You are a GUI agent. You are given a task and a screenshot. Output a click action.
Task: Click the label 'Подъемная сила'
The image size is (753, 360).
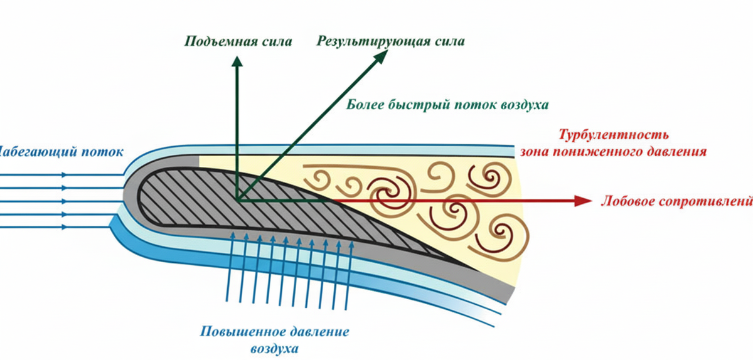click(x=238, y=42)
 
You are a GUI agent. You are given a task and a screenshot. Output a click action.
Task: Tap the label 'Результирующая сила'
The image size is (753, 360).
click(x=390, y=42)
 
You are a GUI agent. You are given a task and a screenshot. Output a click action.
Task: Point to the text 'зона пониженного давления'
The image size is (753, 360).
click(x=614, y=151)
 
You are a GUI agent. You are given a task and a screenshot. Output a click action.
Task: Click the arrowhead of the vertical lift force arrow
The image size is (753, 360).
click(x=237, y=60)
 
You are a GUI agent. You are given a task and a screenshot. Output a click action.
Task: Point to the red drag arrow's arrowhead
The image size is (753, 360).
click(x=585, y=201)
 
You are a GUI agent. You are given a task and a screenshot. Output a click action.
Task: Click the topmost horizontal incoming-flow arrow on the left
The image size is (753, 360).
click(x=63, y=175)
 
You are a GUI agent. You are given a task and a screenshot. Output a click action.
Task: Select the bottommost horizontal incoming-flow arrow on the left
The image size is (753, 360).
click(x=63, y=226)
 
